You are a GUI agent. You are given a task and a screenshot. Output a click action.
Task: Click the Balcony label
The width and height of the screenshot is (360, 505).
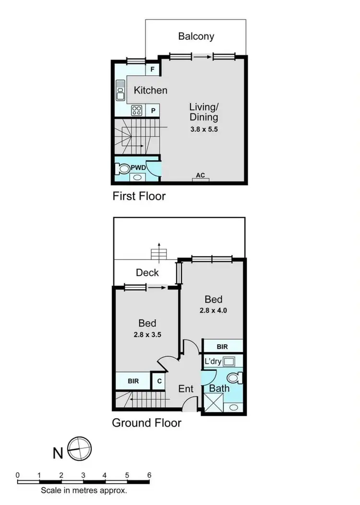(196, 36)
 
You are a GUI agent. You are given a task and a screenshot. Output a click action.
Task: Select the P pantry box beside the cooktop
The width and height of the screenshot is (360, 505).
(153, 110)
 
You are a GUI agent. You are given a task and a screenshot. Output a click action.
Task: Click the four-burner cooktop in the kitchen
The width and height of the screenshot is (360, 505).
(137, 110)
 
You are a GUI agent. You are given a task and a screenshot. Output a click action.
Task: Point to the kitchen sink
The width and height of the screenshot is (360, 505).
(120, 90)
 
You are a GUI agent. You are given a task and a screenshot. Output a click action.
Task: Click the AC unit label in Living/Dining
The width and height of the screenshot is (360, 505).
(200, 176)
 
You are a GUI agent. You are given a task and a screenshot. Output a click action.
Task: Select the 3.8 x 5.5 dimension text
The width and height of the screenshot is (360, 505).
(204, 129)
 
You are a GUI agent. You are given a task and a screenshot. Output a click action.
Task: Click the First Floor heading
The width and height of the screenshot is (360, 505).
(139, 196)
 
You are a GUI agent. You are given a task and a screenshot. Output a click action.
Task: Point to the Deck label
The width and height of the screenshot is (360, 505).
(147, 273)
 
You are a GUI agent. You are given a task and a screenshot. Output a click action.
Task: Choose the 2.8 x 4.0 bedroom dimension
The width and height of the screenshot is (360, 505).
(213, 310)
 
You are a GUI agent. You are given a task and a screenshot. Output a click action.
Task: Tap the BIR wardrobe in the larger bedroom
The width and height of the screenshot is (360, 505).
(222, 346)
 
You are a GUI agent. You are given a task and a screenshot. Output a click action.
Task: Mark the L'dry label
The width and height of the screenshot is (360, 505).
(213, 362)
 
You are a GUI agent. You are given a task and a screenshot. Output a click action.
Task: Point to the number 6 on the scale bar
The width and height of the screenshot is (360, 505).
(149, 475)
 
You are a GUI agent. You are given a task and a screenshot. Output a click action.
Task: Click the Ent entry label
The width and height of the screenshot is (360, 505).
(186, 388)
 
